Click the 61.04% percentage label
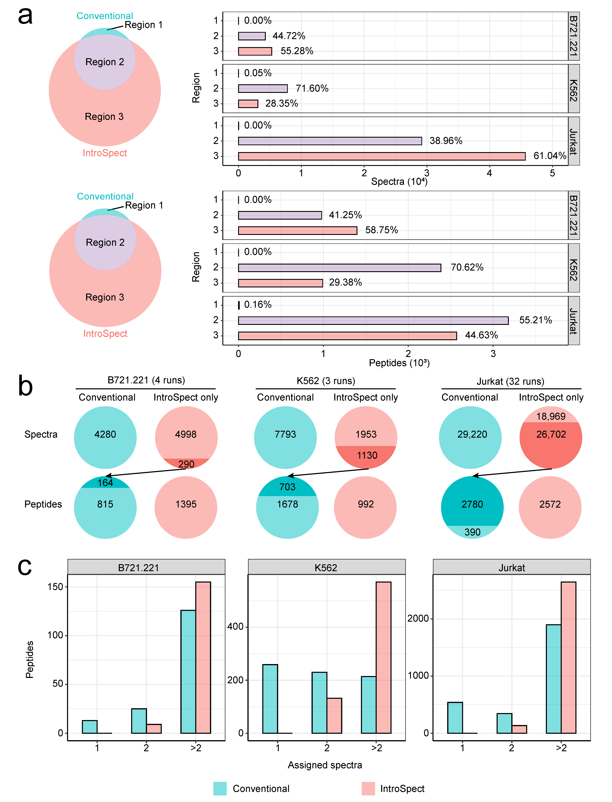click(x=549, y=156)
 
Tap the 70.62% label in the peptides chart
click(x=467, y=268)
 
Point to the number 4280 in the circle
click(x=105, y=435)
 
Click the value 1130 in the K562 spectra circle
click(x=367, y=455)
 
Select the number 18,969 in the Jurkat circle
click(x=551, y=416)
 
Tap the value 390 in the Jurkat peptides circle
click(x=472, y=532)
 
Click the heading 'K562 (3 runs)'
click(x=326, y=381)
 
